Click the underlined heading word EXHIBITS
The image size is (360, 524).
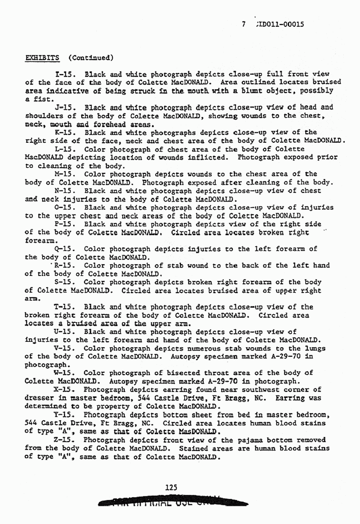coord(41,57)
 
